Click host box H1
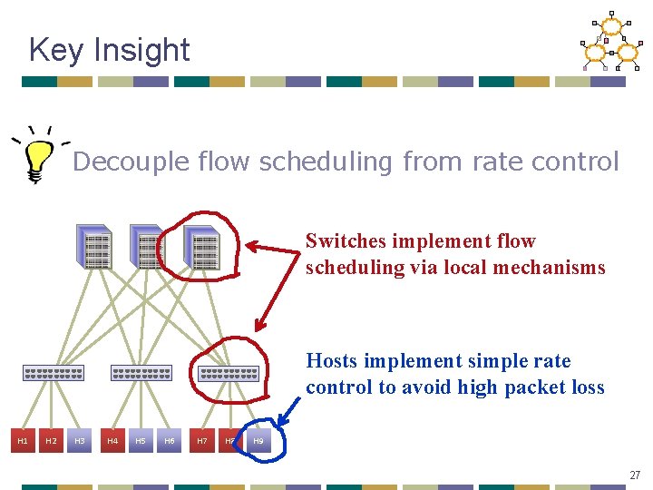pos(23,441)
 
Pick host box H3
pos(79,441)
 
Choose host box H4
pos(112,441)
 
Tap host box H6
pos(169,441)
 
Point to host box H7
pos(202,441)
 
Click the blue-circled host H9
pos(258,441)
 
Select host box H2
pos(51,441)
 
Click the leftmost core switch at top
pos(96,248)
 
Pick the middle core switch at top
pos(149,248)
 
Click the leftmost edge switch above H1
pos(54,373)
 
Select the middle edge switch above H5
pos(141,373)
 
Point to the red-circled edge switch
pos(229,373)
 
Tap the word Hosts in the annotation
pos(332,361)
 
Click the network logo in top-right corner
pos(609,41)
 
